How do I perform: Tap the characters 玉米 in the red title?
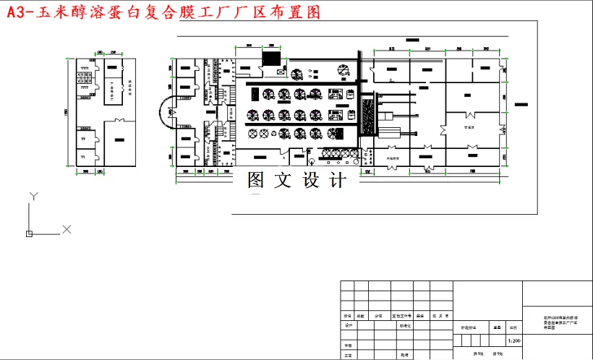click(x=61, y=13)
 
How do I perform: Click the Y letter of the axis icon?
click(x=33, y=196)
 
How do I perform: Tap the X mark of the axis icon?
click(x=67, y=229)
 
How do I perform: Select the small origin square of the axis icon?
click(x=29, y=233)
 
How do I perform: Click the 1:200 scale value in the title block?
click(x=514, y=340)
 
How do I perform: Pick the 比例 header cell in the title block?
click(x=513, y=327)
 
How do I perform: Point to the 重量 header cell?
click(x=498, y=327)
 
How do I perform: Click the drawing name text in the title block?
click(x=557, y=322)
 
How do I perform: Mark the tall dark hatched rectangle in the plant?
click(x=370, y=116)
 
